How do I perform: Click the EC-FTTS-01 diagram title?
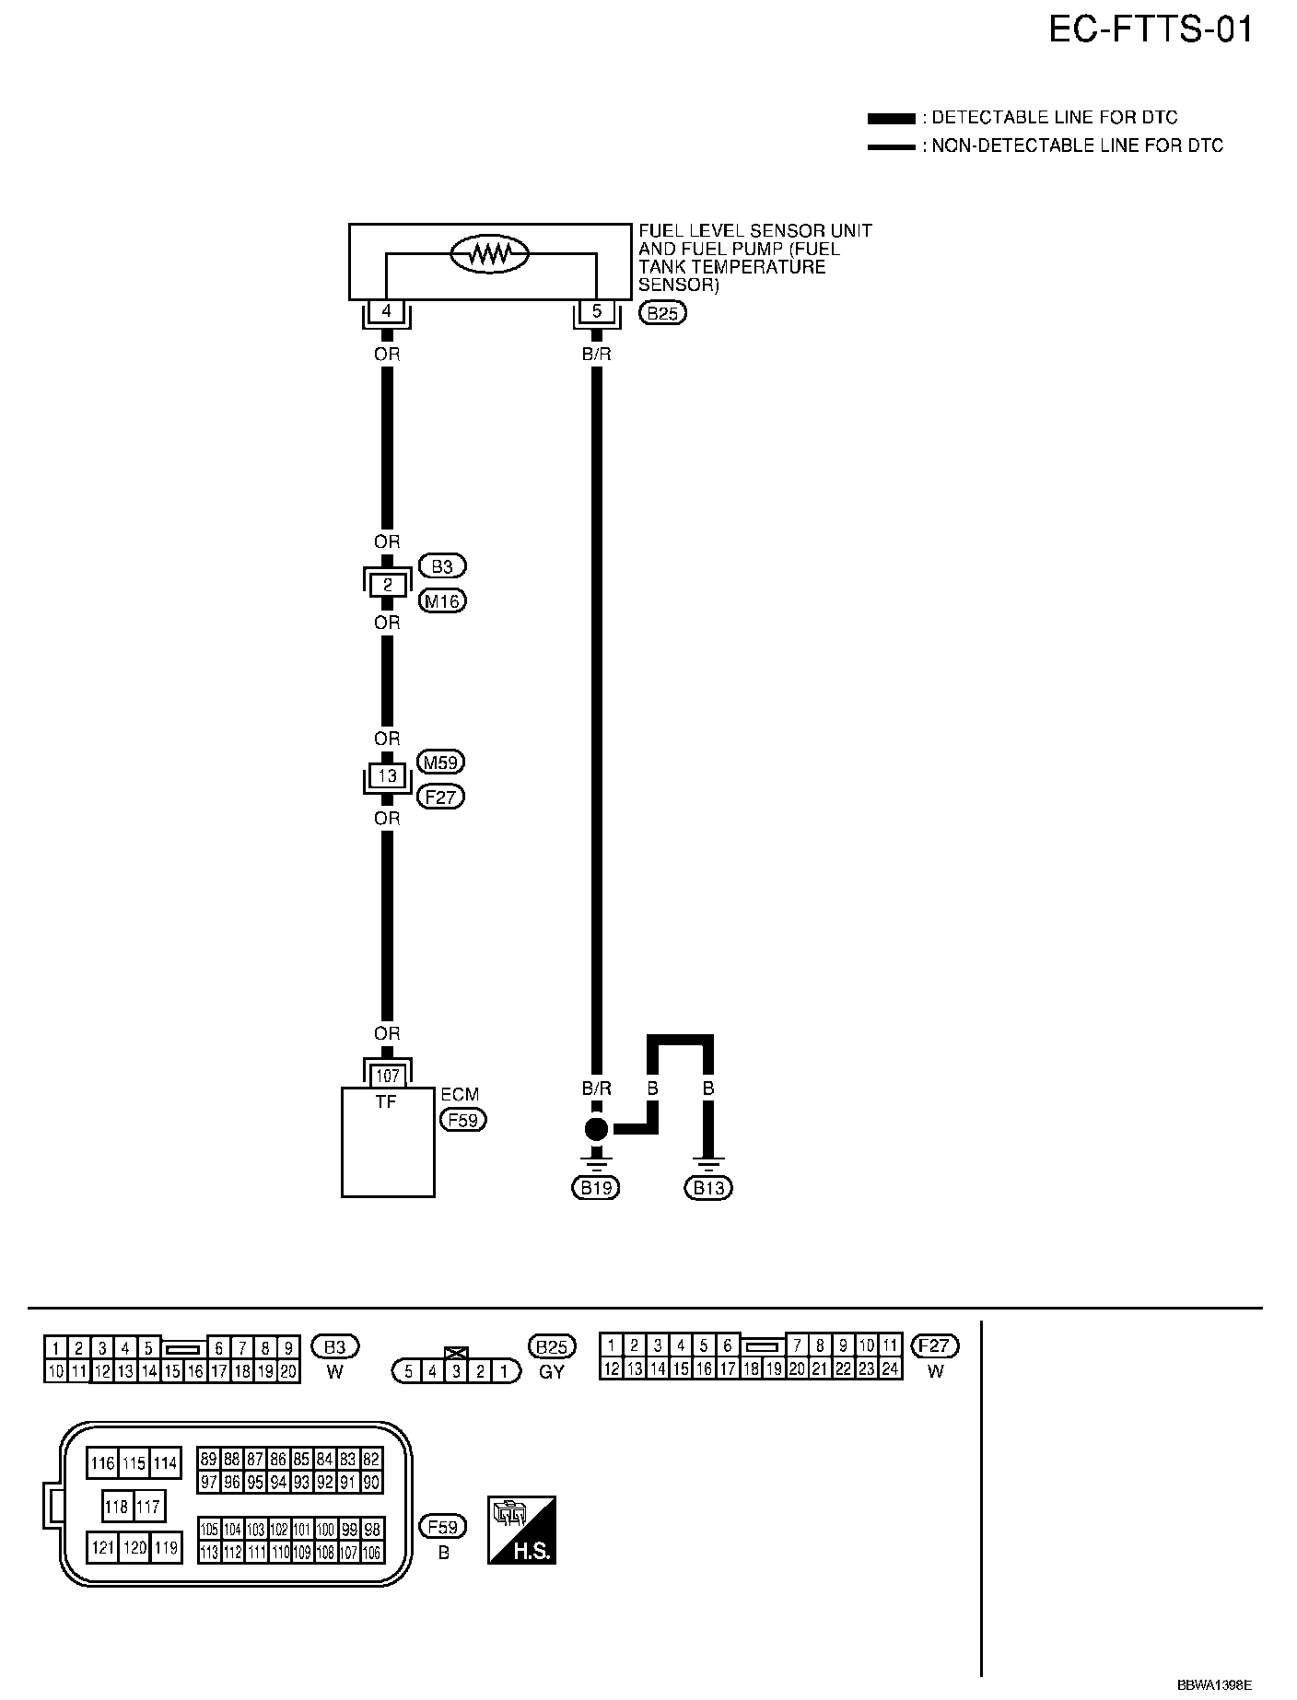click(1151, 30)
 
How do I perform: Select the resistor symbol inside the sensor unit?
click(489, 254)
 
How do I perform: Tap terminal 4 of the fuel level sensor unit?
click(387, 311)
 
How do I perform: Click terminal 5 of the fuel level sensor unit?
click(596, 311)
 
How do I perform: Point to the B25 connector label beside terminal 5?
click(663, 314)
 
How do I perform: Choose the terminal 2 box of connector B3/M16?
click(388, 584)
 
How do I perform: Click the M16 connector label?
click(443, 601)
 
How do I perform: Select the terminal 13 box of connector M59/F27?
click(388, 775)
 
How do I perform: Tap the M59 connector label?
click(441, 763)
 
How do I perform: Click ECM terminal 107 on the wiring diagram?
click(388, 1076)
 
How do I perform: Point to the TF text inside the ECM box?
click(386, 1100)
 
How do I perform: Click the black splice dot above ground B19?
click(597, 1129)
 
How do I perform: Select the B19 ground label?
click(596, 1188)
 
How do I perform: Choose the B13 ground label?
click(708, 1188)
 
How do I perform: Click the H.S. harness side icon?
click(521, 1530)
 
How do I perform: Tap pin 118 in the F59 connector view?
click(117, 1507)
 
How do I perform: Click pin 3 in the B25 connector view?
click(456, 1371)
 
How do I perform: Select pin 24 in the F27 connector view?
click(890, 1368)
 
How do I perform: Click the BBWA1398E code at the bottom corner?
click(1215, 1684)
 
